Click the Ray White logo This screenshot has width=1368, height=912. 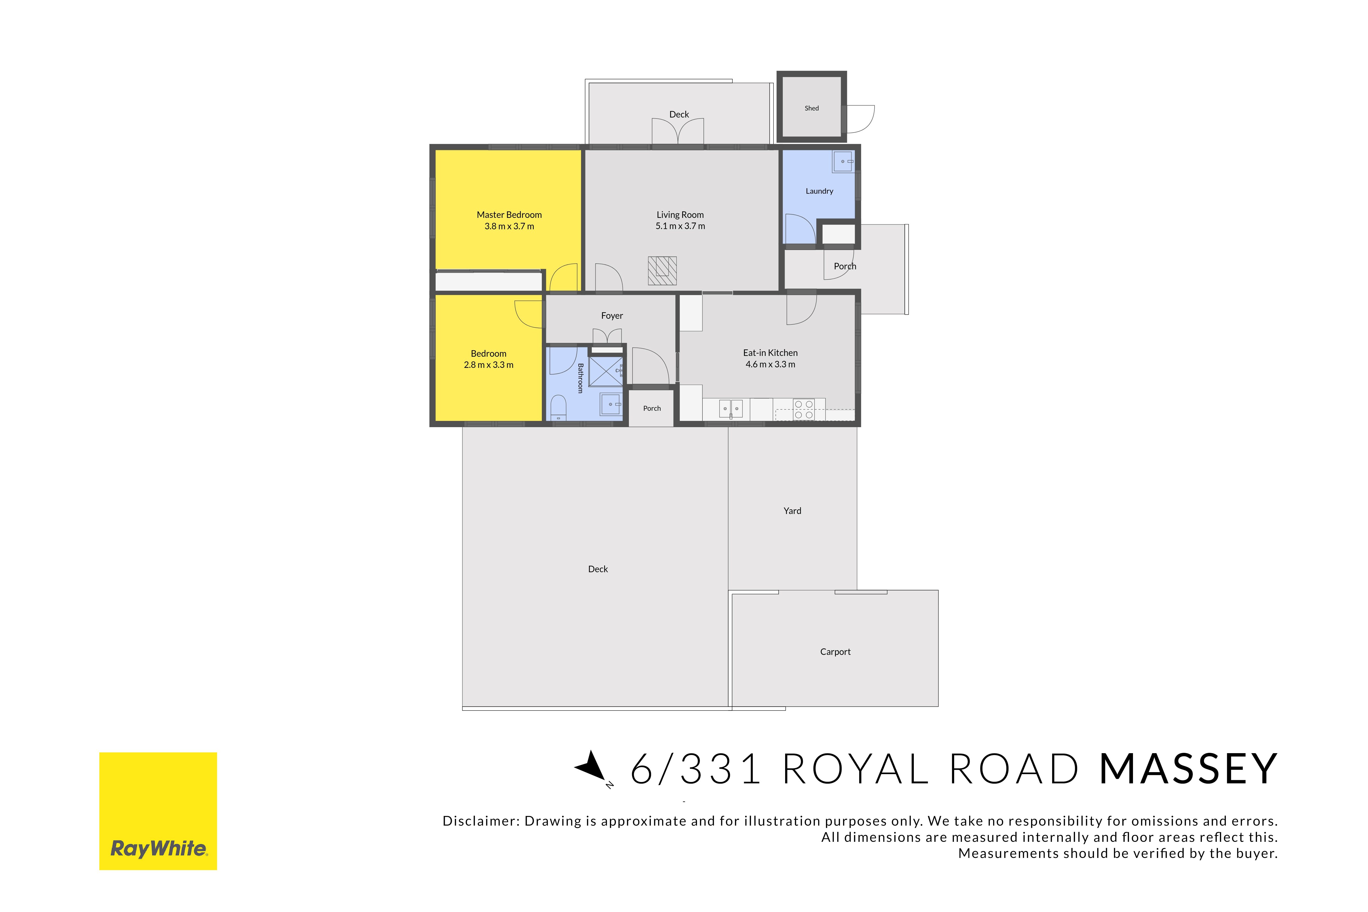click(x=158, y=811)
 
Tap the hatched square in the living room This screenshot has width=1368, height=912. click(x=662, y=270)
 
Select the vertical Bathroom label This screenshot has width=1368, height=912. click(x=581, y=378)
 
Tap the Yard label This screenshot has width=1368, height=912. click(x=792, y=511)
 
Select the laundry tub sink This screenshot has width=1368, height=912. click(x=843, y=161)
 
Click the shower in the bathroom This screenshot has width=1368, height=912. click(x=605, y=371)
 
